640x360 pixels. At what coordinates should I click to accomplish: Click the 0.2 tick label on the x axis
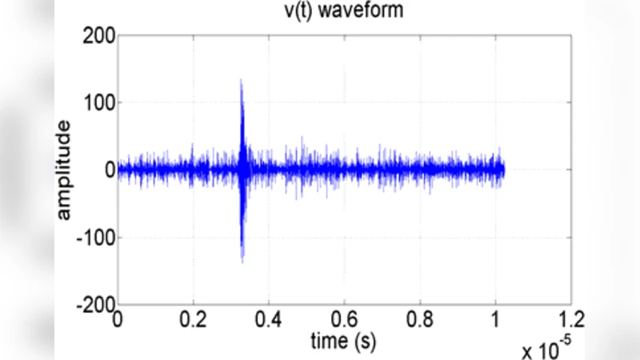[x=194, y=320]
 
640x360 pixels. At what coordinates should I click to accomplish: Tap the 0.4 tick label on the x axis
[x=270, y=320]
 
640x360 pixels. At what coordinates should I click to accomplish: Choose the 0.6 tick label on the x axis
[x=345, y=320]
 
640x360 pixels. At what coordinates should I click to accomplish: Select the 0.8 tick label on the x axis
[x=421, y=320]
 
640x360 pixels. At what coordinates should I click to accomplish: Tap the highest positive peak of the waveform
[x=241, y=80]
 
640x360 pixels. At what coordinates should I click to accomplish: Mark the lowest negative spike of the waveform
[x=242, y=262]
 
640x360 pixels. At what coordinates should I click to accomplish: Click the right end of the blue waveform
[x=504, y=170]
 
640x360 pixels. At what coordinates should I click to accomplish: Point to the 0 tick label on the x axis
[x=118, y=320]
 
